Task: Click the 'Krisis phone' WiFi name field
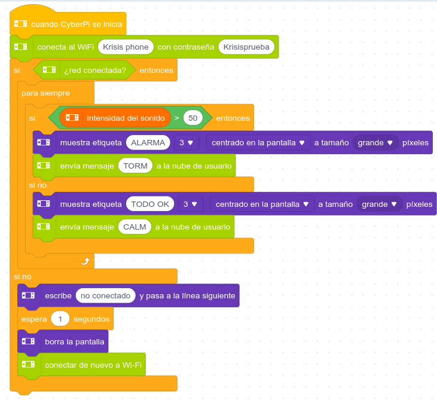pos(126,47)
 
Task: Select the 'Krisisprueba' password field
pos(247,47)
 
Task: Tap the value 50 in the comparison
pos(192,118)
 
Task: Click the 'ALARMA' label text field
pos(148,143)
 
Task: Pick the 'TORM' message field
pos(135,166)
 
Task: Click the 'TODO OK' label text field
pos(150,204)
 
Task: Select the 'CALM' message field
pos(135,227)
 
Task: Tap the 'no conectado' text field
pos(105,295)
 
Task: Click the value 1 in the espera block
pos(60,319)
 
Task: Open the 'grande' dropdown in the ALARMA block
pos(375,143)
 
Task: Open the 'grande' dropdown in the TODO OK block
pos(379,204)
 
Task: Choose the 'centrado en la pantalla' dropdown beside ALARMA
pos(258,143)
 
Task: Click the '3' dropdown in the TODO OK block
pos(191,204)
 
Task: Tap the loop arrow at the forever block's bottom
pos(85,261)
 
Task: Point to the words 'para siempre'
pos(45,93)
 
